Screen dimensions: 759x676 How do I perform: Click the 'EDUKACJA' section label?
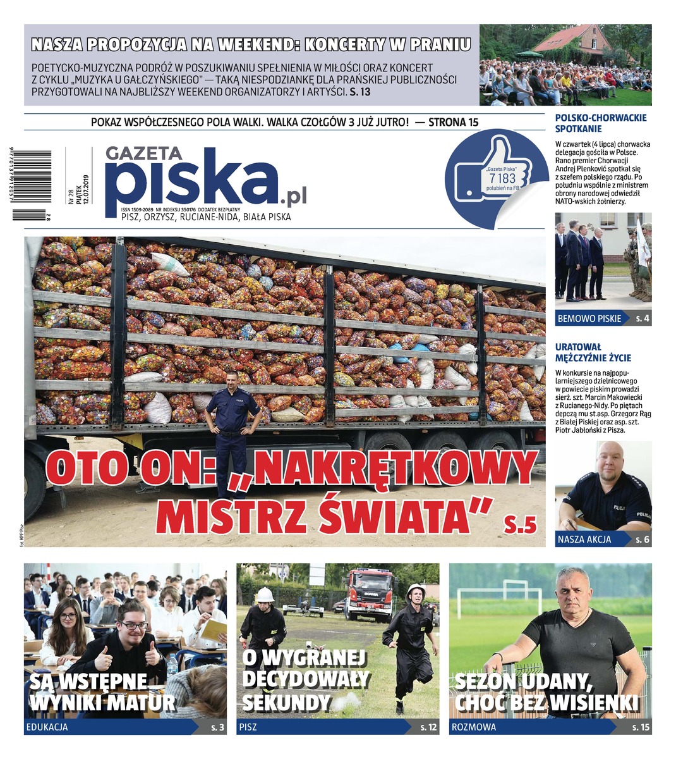point(47,727)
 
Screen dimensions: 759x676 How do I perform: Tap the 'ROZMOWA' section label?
point(474,727)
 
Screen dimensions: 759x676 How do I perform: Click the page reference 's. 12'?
point(428,727)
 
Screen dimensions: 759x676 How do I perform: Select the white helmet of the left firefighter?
point(265,595)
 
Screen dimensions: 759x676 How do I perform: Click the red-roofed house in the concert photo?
point(569,41)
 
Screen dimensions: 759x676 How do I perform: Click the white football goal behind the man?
point(499,594)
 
